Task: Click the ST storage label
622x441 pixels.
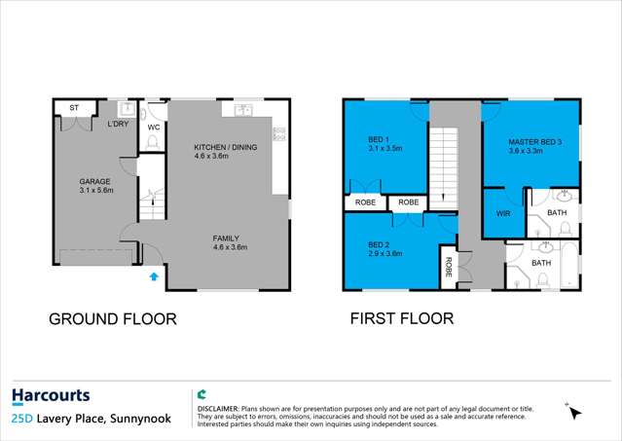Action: [72, 106]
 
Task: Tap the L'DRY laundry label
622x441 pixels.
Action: [119, 125]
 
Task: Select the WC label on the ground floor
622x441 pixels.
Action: [153, 127]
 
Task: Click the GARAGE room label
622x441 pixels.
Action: [95, 181]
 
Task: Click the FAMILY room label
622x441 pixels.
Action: [227, 238]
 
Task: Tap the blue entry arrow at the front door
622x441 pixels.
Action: [153, 277]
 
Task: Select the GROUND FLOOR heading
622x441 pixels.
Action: [112, 318]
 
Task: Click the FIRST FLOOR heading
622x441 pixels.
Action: [401, 318]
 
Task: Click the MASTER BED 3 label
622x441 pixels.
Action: [534, 143]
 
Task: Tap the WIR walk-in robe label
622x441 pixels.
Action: [503, 212]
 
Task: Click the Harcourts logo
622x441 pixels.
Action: [51, 396]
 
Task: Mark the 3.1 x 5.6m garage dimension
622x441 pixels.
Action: [95, 191]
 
